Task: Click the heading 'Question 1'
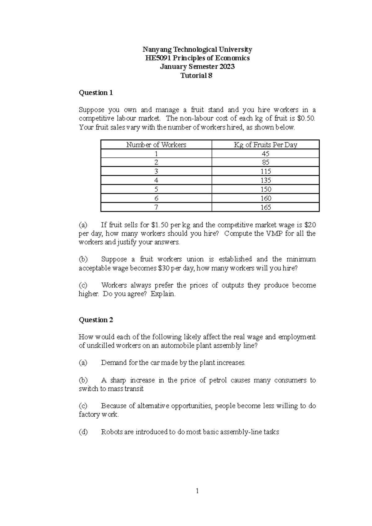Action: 96,93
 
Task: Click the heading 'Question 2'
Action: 96,320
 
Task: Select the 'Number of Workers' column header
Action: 156,145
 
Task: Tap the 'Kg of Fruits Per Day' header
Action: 265,145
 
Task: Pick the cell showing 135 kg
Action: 266,180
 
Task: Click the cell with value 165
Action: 266,207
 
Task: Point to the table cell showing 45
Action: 266,154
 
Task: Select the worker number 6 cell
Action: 156,198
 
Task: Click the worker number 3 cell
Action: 156,171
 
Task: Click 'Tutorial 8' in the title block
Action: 197,76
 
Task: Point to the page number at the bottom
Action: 197,491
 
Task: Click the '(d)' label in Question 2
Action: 83,432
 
